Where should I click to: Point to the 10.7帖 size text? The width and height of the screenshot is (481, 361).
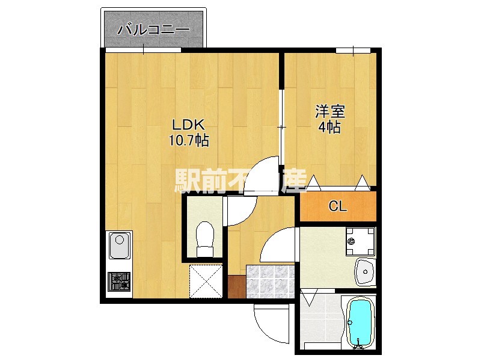coord(189,141)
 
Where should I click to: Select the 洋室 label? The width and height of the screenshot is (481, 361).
coord(330,112)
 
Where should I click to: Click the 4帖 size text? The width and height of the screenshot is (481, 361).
coord(330,128)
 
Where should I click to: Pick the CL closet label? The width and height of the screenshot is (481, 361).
coord(338,206)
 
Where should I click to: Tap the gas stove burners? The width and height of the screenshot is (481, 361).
coord(119,281)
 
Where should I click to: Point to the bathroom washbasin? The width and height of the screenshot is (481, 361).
coord(365,272)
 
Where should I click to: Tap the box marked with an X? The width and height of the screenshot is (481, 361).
coord(205,280)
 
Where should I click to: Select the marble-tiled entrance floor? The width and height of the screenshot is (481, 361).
coord(268,282)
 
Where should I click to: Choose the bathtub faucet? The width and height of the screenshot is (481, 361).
coord(359,345)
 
